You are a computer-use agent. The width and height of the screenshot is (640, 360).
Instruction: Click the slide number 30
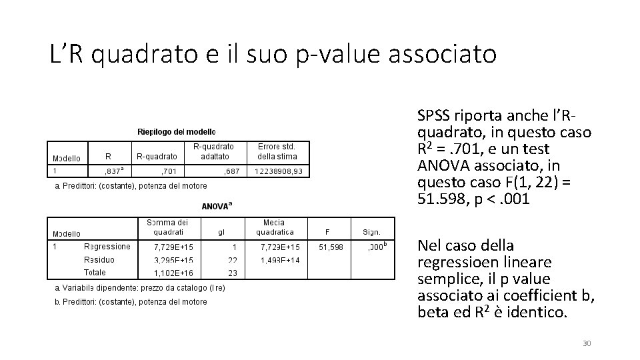[x=587, y=343]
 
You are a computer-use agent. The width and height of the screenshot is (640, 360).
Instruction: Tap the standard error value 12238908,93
[x=278, y=171]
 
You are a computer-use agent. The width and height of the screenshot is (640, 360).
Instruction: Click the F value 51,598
[x=331, y=247]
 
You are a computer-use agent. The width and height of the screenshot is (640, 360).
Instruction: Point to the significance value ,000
[x=377, y=247]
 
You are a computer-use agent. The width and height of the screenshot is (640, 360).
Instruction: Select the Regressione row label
[x=107, y=247]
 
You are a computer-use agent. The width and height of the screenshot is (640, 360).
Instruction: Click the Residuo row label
[x=99, y=260]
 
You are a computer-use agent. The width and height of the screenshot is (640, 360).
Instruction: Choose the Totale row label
[x=95, y=273]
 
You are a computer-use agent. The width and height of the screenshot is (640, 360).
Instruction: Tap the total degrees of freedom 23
[x=232, y=273]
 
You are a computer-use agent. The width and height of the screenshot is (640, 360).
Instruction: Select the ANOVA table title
[x=216, y=207]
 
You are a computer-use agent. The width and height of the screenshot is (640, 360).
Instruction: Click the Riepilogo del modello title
[x=177, y=132]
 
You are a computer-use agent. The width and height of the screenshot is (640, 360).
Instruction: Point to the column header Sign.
[x=371, y=233]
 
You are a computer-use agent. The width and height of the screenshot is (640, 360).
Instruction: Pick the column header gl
[x=222, y=233]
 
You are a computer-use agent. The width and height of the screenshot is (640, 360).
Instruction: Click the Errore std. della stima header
[x=277, y=151]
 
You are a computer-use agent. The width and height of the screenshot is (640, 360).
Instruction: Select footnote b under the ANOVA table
[x=131, y=301]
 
